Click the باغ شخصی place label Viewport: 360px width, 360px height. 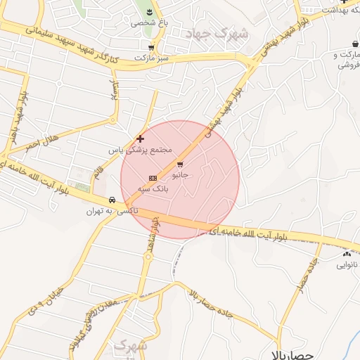[x=145, y=22]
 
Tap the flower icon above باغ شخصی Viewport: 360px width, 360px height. [x=149, y=11]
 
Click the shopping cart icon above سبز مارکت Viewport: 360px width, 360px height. [x=151, y=47]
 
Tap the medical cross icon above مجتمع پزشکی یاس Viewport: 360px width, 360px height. [x=140, y=139]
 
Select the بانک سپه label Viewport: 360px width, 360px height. [x=152, y=188]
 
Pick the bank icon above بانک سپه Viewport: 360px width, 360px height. [x=153, y=178]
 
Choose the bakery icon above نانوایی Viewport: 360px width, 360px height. [x=346, y=255]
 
